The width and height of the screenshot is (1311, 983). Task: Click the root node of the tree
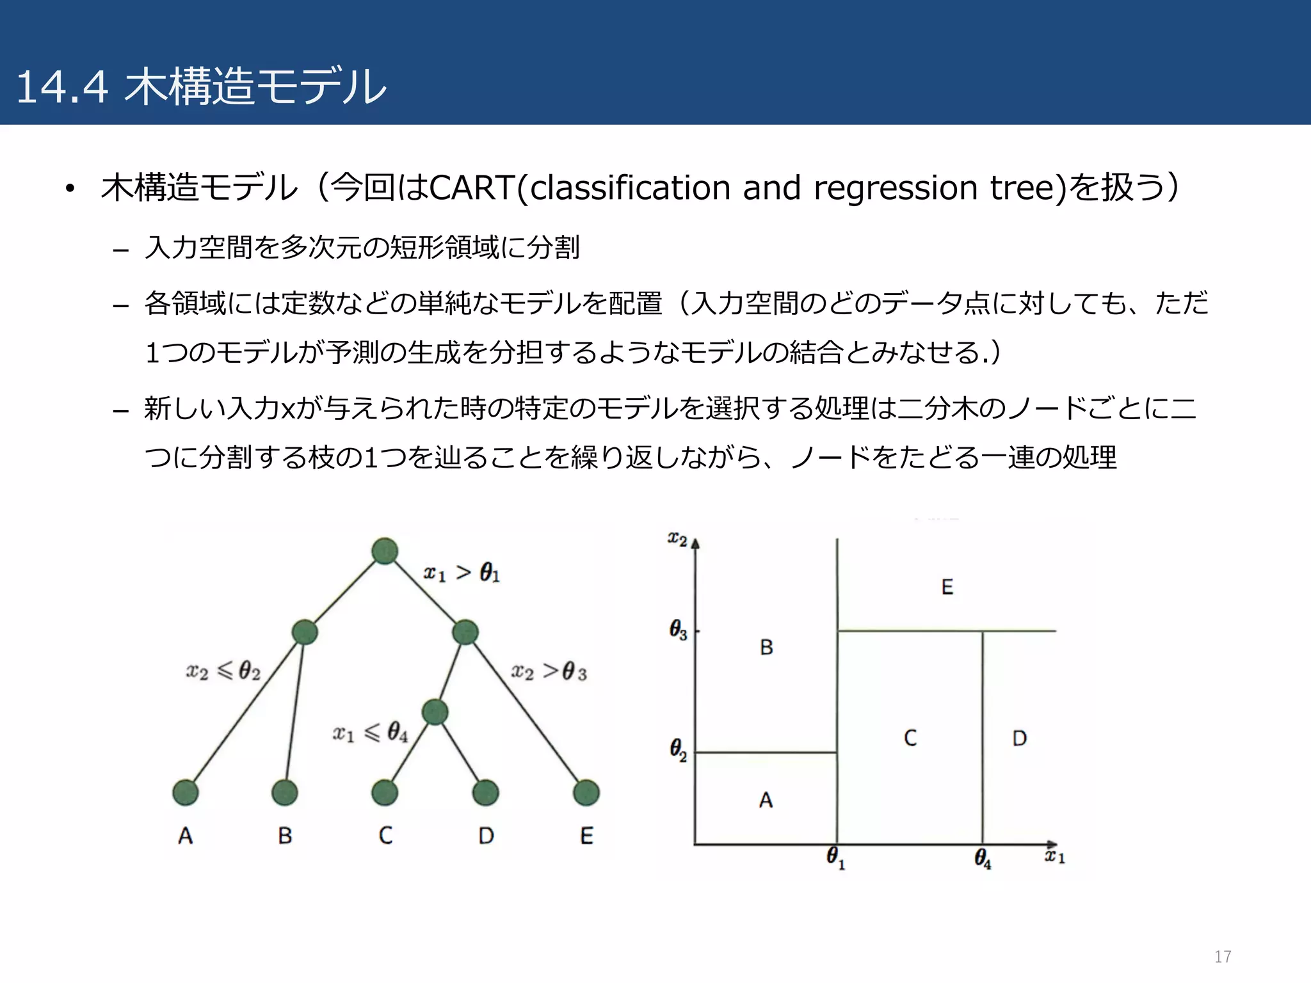[385, 551]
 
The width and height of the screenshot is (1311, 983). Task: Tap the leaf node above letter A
[186, 792]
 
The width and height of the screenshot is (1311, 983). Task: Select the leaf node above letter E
[586, 792]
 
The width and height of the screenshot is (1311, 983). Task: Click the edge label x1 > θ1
[462, 572]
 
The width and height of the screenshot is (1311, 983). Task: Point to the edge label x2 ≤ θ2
[223, 671]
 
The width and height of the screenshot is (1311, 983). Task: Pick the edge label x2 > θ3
[549, 671]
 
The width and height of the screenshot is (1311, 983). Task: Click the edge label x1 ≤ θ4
[370, 732]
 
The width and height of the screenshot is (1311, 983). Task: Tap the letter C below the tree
[385, 835]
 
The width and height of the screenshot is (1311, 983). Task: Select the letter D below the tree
[487, 835]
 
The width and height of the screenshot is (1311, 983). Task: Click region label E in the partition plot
[947, 587]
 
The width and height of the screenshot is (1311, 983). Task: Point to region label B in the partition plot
[766, 648]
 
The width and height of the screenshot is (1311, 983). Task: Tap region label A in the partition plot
[766, 800]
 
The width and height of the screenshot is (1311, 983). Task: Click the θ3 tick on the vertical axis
[679, 630]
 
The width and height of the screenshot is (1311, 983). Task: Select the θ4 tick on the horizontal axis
[983, 858]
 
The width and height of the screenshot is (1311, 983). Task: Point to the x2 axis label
[677, 539]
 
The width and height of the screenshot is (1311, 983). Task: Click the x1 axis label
[1054, 856]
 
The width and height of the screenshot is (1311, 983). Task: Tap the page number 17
[1223, 957]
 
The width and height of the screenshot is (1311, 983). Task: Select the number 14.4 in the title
[62, 87]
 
